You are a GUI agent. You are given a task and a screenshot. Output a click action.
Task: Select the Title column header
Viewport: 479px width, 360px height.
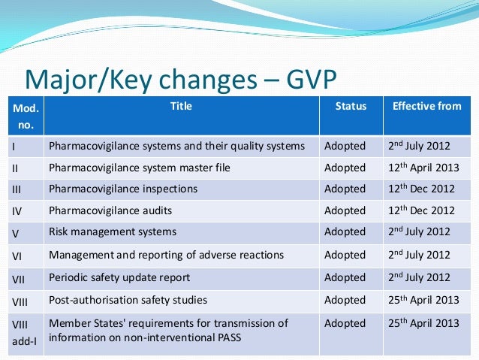click(x=181, y=107)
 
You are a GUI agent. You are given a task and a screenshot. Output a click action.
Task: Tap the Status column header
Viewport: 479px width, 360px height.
click(x=351, y=107)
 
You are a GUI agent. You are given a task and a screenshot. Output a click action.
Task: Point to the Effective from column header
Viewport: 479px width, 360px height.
click(x=427, y=107)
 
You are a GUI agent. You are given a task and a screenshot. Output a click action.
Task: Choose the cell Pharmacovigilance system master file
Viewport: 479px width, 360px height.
click(x=140, y=168)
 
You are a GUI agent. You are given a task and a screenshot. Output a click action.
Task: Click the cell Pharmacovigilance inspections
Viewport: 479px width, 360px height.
click(x=123, y=189)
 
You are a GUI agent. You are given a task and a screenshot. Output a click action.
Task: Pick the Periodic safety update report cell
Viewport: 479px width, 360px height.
click(x=119, y=277)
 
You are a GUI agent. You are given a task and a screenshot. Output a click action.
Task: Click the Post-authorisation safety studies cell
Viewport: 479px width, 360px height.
click(x=128, y=300)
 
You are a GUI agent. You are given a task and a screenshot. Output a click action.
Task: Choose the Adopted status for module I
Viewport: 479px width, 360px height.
click(x=345, y=146)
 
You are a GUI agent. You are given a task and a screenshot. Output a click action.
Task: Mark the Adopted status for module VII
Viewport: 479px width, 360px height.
click(x=345, y=277)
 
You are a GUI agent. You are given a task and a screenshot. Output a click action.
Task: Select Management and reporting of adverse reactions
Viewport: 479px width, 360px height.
click(x=167, y=256)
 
